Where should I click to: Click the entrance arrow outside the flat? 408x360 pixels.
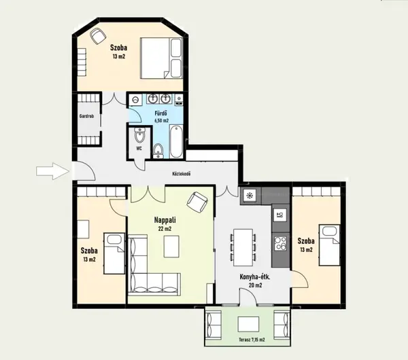click(53, 171)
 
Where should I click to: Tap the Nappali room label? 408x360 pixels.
click(165, 220)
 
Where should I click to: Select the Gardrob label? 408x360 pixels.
click(86, 116)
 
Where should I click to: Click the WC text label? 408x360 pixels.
click(139, 149)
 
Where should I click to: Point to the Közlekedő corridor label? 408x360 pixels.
click(182, 174)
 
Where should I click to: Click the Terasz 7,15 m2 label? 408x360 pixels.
click(252, 340)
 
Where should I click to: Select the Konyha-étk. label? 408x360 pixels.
click(255, 277)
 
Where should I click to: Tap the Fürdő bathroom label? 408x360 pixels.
click(161, 113)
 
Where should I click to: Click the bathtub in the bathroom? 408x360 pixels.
click(176, 141)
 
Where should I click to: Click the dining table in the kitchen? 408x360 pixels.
click(243, 247)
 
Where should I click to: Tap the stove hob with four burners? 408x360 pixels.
click(280, 243)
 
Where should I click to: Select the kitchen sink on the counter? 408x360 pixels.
click(280, 215)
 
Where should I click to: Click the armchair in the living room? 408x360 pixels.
click(197, 202)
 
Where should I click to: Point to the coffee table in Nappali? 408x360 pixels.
click(171, 247)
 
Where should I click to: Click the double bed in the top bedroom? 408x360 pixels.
click(161, 58)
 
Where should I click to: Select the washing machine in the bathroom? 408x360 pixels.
click(135, 100)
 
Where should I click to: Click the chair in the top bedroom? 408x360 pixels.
click(98, 35)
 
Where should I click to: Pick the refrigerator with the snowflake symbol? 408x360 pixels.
click(250, 196)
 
